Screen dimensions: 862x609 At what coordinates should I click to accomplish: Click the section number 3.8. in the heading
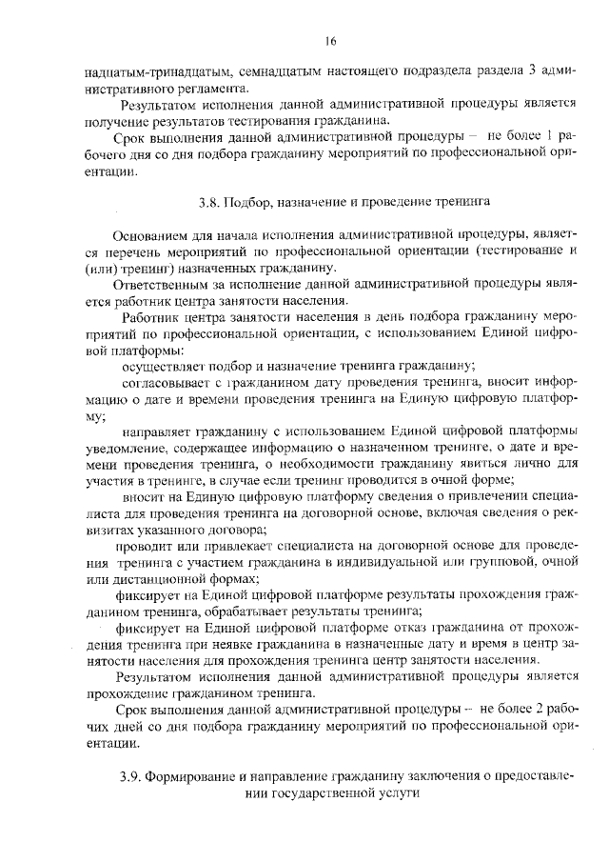pos(210,202)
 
